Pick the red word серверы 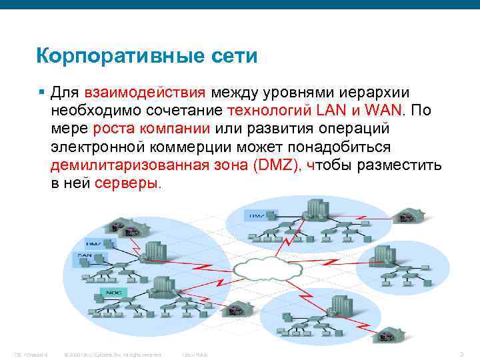[128, 183]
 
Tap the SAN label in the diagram [85, 255]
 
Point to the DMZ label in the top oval [257, 215]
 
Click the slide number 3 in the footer [461, 353]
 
